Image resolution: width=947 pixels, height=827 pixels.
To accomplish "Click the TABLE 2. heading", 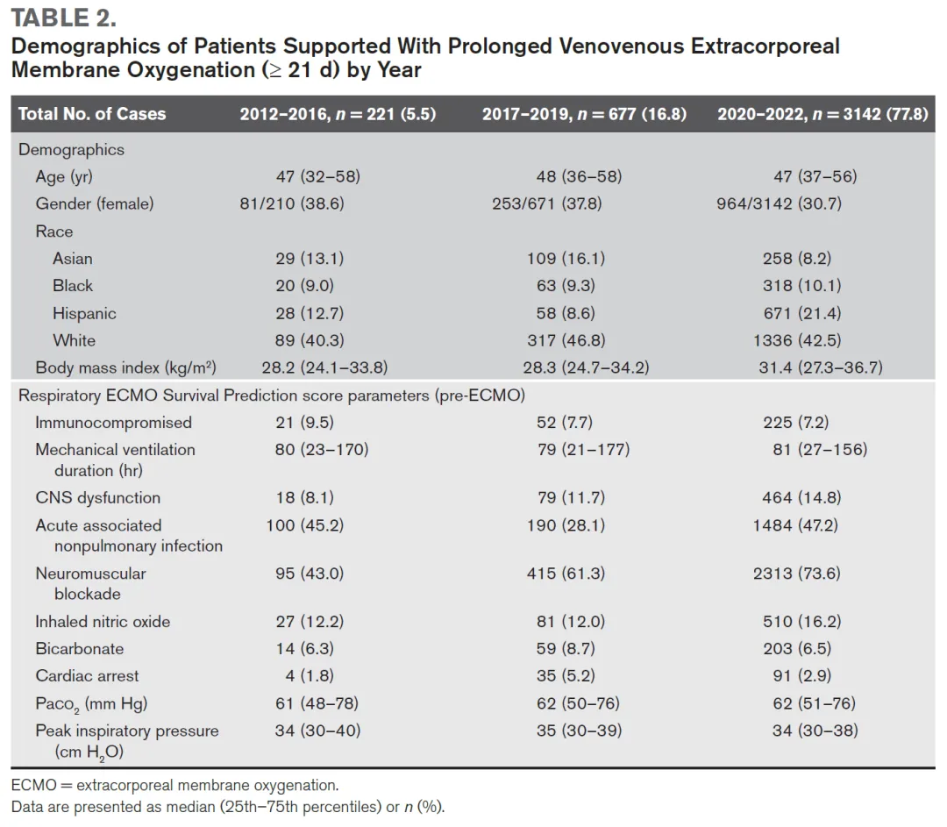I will click(64, 18).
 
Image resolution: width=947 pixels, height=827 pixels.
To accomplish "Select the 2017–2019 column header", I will click(584, 114).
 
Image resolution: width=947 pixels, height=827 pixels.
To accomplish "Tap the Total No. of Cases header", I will click(92, 114).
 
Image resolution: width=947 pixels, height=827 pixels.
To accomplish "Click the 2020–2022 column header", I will click(822, 114).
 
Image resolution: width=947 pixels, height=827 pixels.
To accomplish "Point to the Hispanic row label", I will click(84, 313).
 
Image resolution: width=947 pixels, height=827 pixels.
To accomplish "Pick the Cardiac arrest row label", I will click(87, 676).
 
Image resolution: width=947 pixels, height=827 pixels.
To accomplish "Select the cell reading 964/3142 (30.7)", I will click(780, 203).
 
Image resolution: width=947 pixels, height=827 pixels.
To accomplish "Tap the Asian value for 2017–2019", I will click(571, 259).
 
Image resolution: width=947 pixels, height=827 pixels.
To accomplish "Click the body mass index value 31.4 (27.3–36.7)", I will click(821, 367).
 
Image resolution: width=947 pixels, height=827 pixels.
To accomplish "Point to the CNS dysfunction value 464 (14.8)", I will click(801, 498).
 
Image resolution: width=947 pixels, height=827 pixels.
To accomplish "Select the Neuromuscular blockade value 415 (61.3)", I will click(571, 574).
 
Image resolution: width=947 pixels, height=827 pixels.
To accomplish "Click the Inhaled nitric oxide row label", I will click(103, 622).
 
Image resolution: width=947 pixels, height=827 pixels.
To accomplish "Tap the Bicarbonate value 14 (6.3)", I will click(304, 649).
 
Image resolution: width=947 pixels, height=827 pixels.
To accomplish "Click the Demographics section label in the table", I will click(72, 150).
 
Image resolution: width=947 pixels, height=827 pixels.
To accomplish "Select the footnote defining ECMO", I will click(174, 786).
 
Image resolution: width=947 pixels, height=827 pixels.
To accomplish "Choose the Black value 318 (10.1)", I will click(801, 286).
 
